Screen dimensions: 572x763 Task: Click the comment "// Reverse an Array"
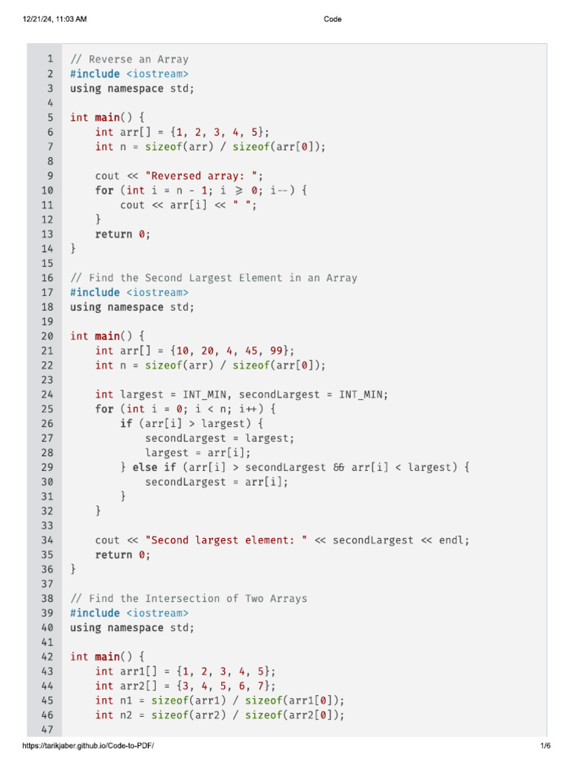tap(129, 59)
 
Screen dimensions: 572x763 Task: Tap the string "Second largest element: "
tap(226, 540)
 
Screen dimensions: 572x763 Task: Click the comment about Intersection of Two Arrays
tap(188, 598)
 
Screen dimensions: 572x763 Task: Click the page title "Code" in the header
tap(333, 19)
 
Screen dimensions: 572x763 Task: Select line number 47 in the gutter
tap(46, 729)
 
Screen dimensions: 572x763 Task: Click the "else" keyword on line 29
tap(144, 467)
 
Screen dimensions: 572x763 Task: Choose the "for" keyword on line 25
tap(104, 409)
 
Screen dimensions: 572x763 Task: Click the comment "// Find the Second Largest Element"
tap(213, 278)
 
